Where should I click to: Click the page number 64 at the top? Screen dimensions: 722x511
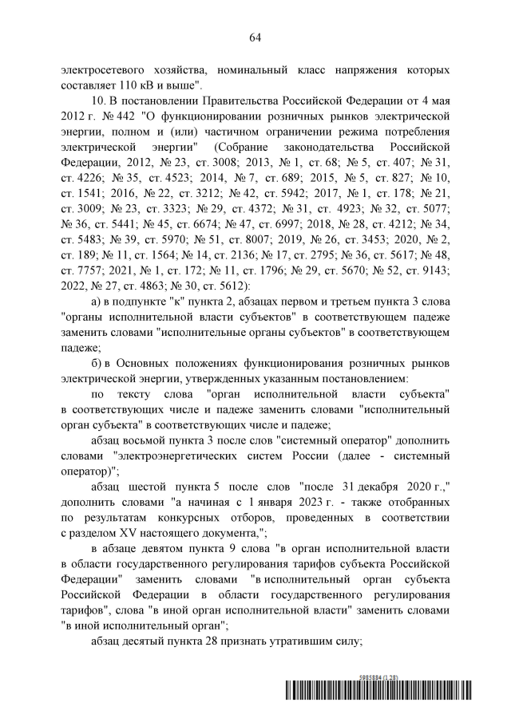click(255, 37)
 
